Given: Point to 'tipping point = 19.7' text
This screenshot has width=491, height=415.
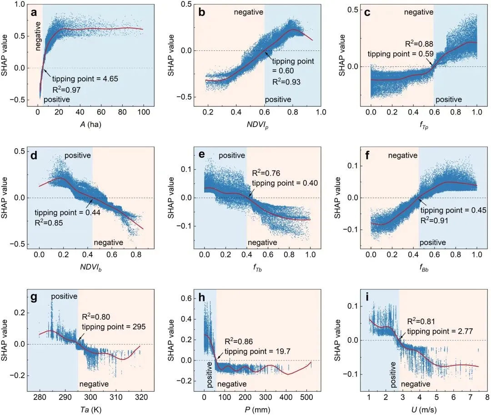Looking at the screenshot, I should point(251,350).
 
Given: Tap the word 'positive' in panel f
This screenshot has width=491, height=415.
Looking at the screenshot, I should point(432,243).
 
